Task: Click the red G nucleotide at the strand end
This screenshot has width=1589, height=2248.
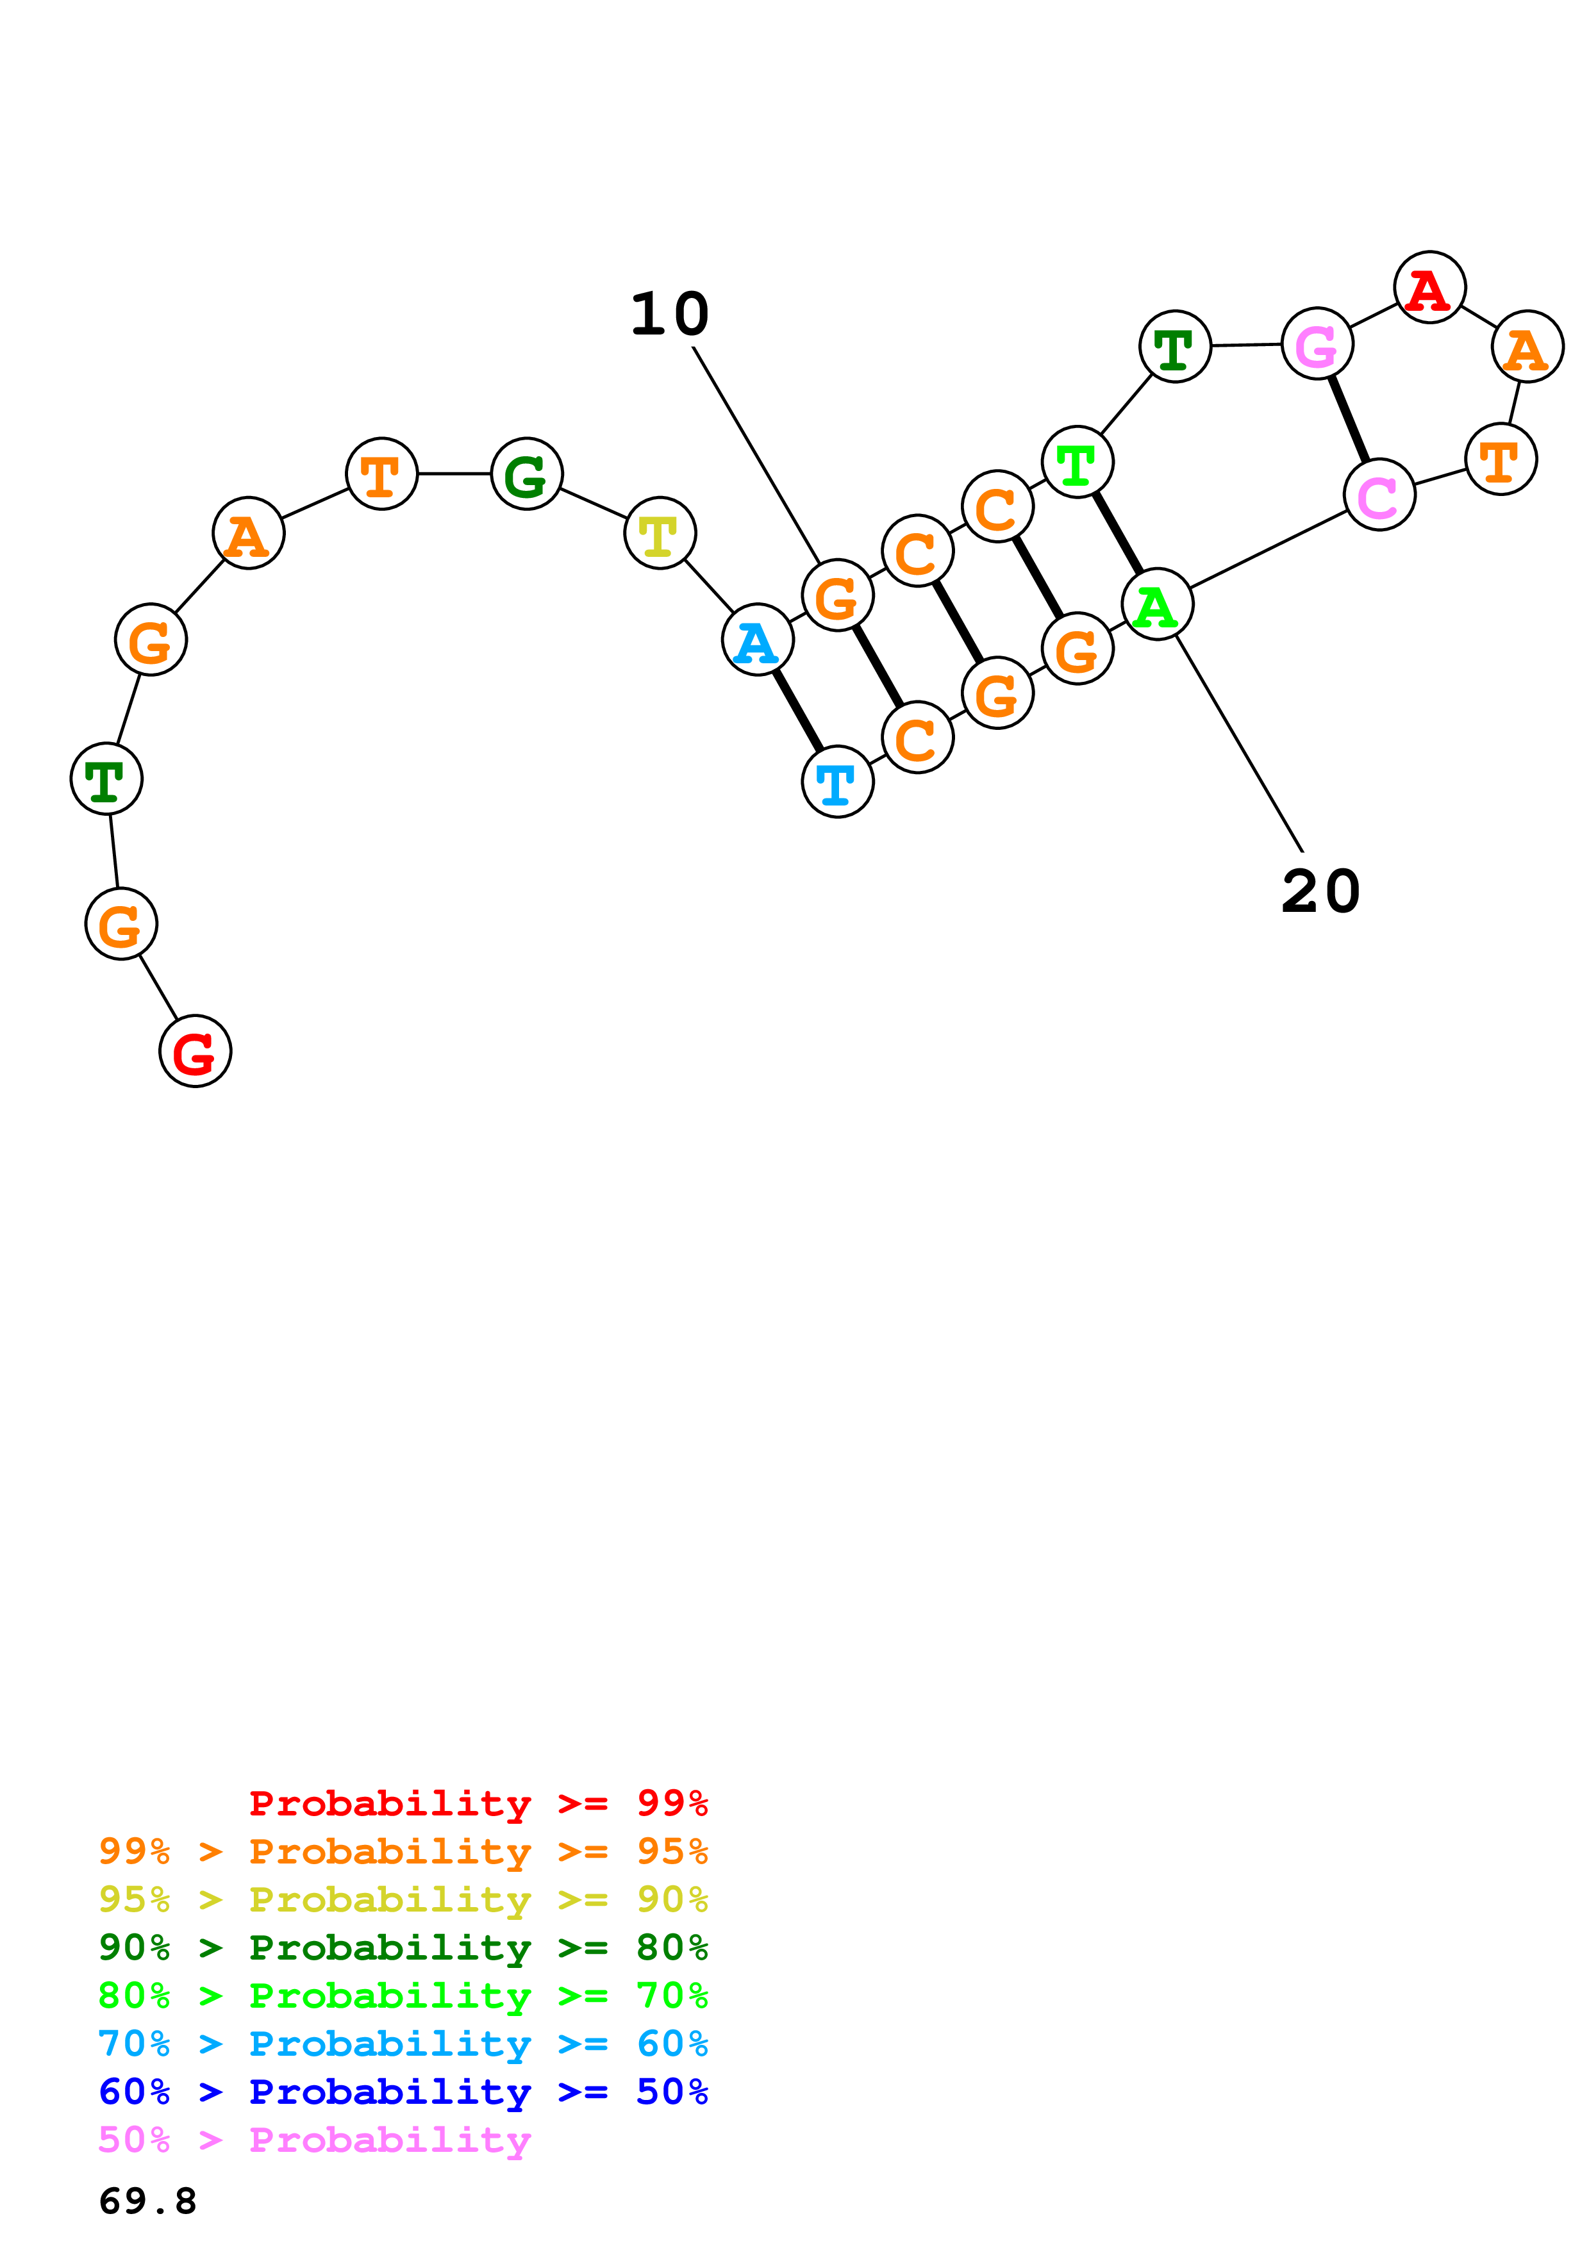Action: [195, 1052]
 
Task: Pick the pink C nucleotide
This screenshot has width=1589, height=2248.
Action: [1379, 495]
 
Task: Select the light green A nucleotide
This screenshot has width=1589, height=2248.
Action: [1157, 604]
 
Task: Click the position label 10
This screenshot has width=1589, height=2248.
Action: [670, 314]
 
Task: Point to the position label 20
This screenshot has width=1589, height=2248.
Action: [1320, 892]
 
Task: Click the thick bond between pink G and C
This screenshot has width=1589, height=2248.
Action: [1348, 419]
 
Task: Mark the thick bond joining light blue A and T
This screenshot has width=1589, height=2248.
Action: [797, 711]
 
